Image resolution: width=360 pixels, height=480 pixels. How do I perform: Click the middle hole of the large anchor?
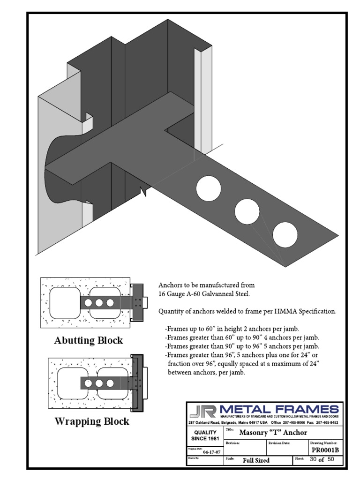[247, 212]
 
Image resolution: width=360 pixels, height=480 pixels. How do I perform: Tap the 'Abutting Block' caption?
[89, 340]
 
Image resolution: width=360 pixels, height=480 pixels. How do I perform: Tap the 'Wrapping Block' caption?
[92, 421]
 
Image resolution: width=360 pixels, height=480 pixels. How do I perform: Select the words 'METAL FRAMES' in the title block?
[279, 409]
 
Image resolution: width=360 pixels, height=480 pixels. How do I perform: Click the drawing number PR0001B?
[325, 450]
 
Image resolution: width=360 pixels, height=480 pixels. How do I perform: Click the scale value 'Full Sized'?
[256, 460]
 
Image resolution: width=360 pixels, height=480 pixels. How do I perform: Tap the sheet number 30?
[314, 460]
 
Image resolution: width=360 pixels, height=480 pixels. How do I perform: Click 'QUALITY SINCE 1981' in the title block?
[205, 435]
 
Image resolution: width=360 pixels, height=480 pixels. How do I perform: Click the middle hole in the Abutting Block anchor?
[100, 303]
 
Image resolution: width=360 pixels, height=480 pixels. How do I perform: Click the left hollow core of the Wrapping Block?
[69, 383]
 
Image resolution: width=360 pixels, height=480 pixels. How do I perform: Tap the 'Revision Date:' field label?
[280, 442]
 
